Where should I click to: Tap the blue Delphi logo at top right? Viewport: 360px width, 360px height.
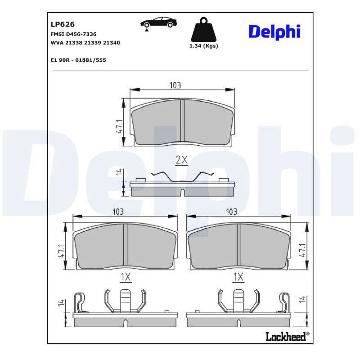pyautogui.click(x=274, y=32)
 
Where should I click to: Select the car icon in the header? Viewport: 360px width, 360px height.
pyautogui.click(x=159, y=22)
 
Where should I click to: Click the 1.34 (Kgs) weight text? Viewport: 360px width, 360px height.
pyautogui.click(x=204, y=46)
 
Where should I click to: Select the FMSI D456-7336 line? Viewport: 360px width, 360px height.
pyautogui.click(x=73, y=34)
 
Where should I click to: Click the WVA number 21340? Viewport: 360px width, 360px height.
pyautogui.click(x=111, y=43)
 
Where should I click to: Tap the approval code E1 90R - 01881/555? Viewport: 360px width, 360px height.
pyautogui.click(x=78, y=60)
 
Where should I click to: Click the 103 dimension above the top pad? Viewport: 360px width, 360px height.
pyautogui.click(x=175, y=85)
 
